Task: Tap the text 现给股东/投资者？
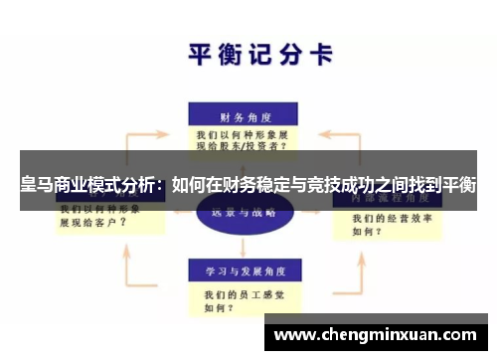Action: point(243,145)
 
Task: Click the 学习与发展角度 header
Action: point(245,270)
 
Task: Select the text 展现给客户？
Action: point(94,224)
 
